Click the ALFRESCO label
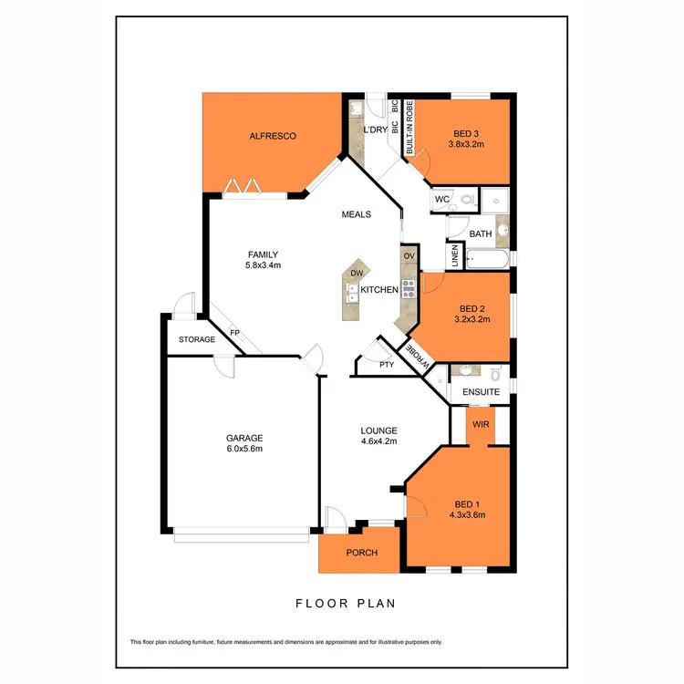(x=273, y=137)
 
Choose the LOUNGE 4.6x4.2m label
(x=378, y=436)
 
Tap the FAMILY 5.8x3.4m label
(x=263, y=260)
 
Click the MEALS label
(x=356, y=215)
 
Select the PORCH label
(x=361, y=554)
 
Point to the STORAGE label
(x=196, y=339)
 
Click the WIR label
(x=480, y=424)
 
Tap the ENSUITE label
(x=481, y=392)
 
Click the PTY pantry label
(x=386, y=364)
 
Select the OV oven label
(x=409, y=257)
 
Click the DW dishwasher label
(x=357, y=273)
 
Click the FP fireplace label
(x=234, y=333)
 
